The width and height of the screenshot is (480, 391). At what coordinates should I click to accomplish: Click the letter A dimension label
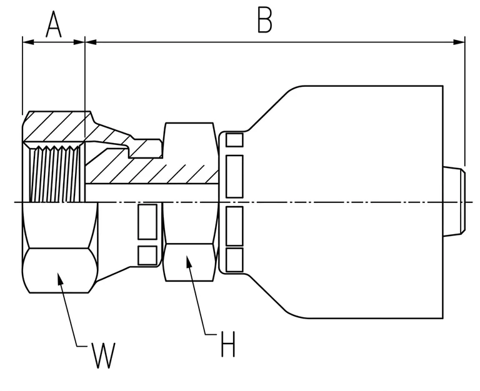54,24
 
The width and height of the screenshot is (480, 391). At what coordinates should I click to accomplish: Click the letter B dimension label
265,19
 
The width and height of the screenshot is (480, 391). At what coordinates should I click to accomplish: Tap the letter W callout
104,355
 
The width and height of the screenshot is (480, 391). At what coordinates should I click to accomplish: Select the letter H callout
228,344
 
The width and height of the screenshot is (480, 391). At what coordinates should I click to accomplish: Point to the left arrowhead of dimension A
28,42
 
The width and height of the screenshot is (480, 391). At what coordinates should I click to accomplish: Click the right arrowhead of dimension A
79,42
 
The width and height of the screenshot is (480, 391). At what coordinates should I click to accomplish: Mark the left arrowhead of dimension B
91,42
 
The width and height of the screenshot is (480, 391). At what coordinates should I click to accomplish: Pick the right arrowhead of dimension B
459,42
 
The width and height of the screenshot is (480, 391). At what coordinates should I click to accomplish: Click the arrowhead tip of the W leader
58,272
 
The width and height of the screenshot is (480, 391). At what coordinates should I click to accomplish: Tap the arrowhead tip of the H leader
187,255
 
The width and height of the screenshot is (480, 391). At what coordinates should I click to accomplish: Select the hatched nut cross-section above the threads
57,126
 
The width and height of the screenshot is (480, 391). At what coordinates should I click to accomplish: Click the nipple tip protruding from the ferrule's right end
454,201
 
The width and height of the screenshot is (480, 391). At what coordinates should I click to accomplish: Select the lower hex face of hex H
189,262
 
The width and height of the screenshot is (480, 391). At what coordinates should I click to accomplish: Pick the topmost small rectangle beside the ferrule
234,140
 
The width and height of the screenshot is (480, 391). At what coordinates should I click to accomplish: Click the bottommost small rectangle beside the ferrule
234,260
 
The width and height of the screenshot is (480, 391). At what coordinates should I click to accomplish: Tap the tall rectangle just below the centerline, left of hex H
147,222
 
